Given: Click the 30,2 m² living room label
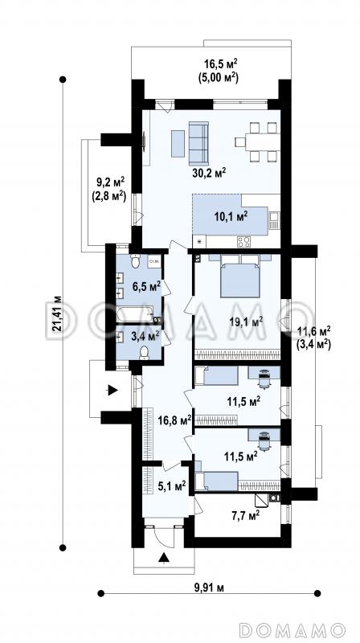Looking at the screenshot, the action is [x=209, y=173].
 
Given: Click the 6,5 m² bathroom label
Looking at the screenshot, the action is [x=145, y=286].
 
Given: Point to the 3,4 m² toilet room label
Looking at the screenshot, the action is [x=145, y=337].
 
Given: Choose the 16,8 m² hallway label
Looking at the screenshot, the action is [x=174, y=420].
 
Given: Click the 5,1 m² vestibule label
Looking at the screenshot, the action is [x=172, y=487].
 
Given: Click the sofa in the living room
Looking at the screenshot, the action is [x=198, y=143].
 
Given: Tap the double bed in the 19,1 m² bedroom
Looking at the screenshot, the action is [x=239, y=276].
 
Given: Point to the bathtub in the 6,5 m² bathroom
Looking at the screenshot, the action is [x=134, y=313].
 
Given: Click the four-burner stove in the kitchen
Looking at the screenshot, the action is [x=243, y=242].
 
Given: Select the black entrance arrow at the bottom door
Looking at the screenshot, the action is [x=164, y=557].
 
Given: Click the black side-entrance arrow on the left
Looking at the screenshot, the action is [x=112, y=390].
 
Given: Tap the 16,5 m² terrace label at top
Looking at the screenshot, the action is [x=221, y=71].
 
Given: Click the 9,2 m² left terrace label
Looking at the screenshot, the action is [x=108, y=189].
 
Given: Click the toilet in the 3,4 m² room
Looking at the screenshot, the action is [x=144, y=353].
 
